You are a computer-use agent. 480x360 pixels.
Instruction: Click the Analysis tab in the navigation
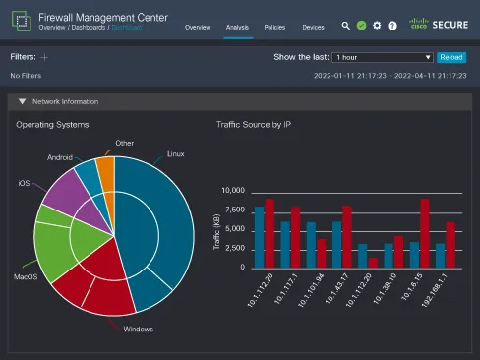pos(237,26)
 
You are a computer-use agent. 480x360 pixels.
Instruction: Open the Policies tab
pos(275,26)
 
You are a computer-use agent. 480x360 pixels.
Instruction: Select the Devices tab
pos(313,26)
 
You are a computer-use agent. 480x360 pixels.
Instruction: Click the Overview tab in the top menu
pos(198,26)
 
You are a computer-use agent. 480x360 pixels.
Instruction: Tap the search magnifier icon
pos(346,26)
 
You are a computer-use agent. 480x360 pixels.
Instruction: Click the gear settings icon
pos(376,26)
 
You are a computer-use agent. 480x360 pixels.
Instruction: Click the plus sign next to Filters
pos(44,58)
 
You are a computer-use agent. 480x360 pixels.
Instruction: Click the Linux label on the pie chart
pos(176,152)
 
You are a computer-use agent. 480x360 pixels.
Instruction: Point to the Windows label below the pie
pos(138,329)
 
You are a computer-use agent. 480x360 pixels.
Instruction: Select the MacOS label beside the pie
pos(26,276)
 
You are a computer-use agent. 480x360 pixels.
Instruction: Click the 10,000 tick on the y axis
pos(231,190)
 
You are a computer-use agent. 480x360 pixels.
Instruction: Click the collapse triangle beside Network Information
pos(23,101)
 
